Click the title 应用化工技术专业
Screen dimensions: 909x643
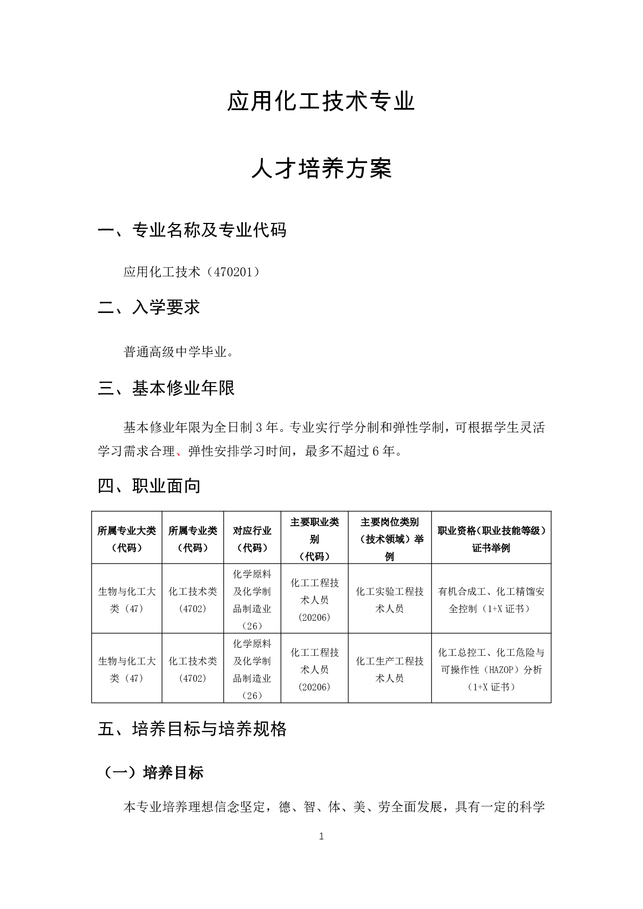[x=321, y=102]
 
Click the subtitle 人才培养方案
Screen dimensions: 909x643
[x=321, y=169]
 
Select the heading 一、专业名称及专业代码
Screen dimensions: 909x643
[x=192, y=230]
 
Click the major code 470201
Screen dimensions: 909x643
[x=232, y=272]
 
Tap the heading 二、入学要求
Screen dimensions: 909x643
[x=149, y=308]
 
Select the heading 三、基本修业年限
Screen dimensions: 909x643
[x=166, y=388]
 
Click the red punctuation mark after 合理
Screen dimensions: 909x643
[x=179, y=452]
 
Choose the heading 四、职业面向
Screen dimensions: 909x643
[x=149, y=486]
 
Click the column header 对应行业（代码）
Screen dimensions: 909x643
[x=252, y=539]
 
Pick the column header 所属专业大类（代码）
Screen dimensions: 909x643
[x=126, y=539]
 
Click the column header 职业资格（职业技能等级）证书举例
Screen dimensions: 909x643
[x=491, y=539]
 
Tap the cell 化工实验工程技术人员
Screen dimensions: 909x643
[x=389, y=600]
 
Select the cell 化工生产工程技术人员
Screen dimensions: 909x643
[x=389, y=669]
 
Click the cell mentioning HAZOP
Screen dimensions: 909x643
[x=491, y=669]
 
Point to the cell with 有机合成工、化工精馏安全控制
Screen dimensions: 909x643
[x=491, y=600]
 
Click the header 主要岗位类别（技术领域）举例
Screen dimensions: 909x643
[x=389, y=539]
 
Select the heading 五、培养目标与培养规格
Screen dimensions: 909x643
[x=192, y=729]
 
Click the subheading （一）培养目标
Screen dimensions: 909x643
[x=153, y=772]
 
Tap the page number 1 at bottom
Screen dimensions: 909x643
[x=321, y=837]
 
